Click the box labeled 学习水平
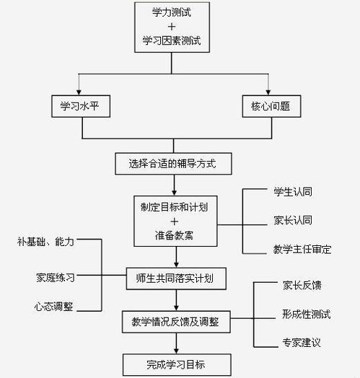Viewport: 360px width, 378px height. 82,107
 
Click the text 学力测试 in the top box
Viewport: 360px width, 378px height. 175,12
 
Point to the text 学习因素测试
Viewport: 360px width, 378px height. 175,41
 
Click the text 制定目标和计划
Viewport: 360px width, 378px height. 175,206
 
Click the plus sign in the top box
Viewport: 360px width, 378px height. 175,27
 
